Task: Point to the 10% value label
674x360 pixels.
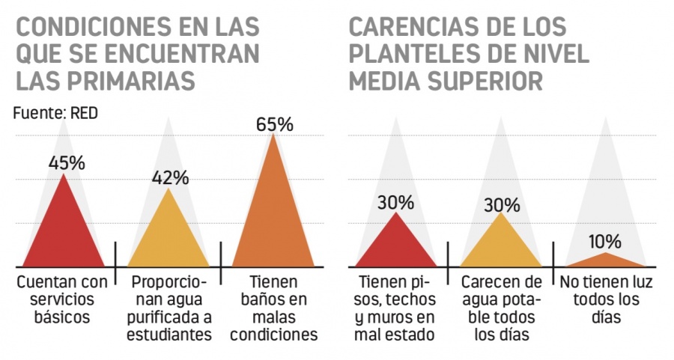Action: tap(604, 242)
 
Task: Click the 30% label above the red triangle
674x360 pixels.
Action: tap(395, 202)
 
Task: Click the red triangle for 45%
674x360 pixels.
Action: tap(64, 232)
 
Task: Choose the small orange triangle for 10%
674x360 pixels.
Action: tap(605, 260)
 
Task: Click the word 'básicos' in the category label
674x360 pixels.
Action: tap(63, 316)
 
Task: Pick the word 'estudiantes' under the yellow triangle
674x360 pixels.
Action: tap(168, 334)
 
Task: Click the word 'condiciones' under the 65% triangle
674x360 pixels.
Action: tap(274, 334)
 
